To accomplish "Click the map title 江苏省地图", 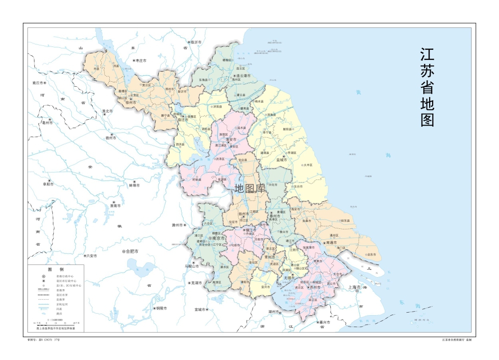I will coord(427,88).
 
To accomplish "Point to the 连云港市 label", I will coord(241,75).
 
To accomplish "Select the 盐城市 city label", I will coord(281,160).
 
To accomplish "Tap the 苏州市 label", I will coord(314,287).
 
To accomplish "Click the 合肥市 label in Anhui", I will coord(131,251).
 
